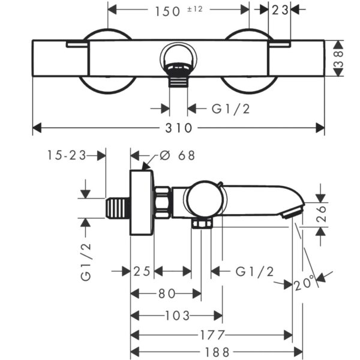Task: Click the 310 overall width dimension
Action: coord(179,128)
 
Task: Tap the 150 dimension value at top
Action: coord(167,11)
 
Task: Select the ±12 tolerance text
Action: coord(195,9)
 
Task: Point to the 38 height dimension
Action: coord(338,59)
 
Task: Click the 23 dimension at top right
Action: coord(280,10)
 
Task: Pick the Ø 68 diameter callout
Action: coord(177,155)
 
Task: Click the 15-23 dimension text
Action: coord(67,155)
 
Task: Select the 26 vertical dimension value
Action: coord(321,214)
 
